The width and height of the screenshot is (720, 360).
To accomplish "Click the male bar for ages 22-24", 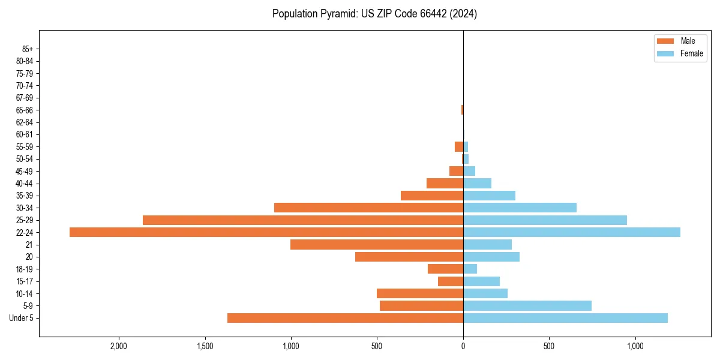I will pos(266,232).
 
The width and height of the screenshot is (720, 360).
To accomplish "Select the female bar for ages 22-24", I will pos(571,232).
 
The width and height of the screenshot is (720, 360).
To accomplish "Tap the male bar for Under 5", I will pos(345,318).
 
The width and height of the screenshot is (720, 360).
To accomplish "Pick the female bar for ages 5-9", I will pos(527,305).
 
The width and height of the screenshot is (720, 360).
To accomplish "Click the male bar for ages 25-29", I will pos(303,220).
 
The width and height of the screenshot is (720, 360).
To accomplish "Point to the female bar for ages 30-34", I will pos(520,208).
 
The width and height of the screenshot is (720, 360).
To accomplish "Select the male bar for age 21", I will pos(377,244).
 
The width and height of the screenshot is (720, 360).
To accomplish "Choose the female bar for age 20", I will pos(491,257).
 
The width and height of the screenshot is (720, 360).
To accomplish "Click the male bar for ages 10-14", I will pos(420,293).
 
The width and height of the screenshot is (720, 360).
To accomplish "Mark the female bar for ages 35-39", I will pos(489,196).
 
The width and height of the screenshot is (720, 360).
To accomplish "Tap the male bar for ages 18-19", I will pos(445,269).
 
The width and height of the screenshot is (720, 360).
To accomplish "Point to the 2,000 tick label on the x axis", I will pos(119,346).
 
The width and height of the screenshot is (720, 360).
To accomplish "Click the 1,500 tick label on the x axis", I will pos(205,346).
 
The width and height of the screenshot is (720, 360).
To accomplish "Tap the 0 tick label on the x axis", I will pos(463,346).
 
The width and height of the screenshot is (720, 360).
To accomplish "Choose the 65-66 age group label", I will pos(25,110).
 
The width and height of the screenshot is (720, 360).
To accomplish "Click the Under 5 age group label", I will pos(21,318).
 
